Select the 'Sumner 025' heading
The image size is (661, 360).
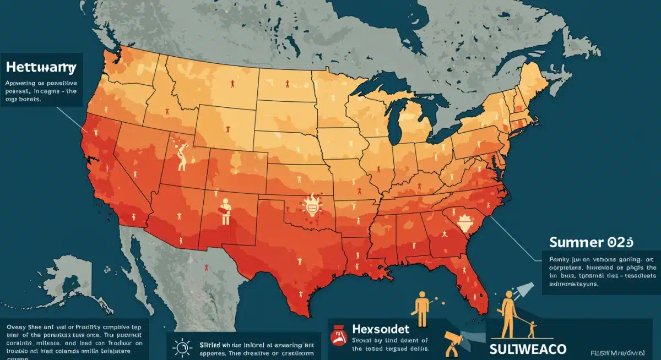[591, 242]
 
